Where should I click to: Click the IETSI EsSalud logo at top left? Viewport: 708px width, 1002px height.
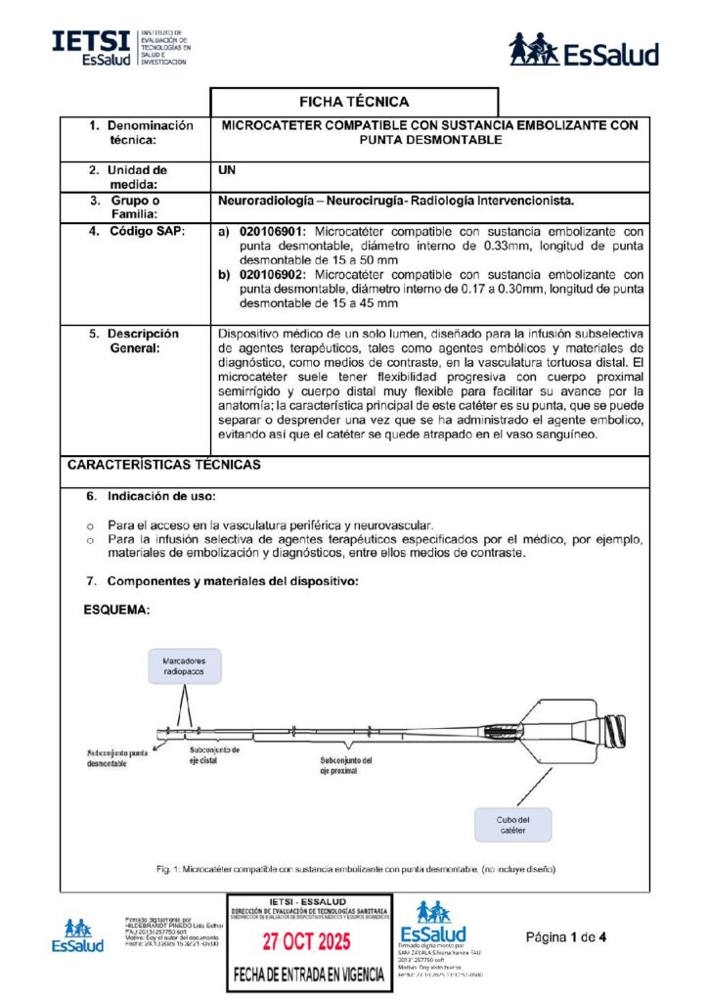[x=121, y=47]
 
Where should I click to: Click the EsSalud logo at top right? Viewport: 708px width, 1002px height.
[x=583, y=50]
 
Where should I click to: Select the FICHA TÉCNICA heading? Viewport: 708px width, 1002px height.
[x=354, y=102]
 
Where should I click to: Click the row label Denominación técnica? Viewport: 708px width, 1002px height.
[x=143, y=132]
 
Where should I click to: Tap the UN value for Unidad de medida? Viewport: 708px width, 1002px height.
[x=226, y=169]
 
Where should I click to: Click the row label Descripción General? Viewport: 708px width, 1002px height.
[x=143, y=340]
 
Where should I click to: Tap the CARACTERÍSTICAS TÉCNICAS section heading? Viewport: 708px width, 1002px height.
[x=163, y=466]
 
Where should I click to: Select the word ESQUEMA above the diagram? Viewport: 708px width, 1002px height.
[x=116, y=610]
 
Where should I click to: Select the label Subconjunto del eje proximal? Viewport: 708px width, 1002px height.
[x=345, y=765]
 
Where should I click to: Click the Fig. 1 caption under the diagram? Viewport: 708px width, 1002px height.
[x=354, y=869]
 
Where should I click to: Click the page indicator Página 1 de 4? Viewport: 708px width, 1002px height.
[x=567, y=937]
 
